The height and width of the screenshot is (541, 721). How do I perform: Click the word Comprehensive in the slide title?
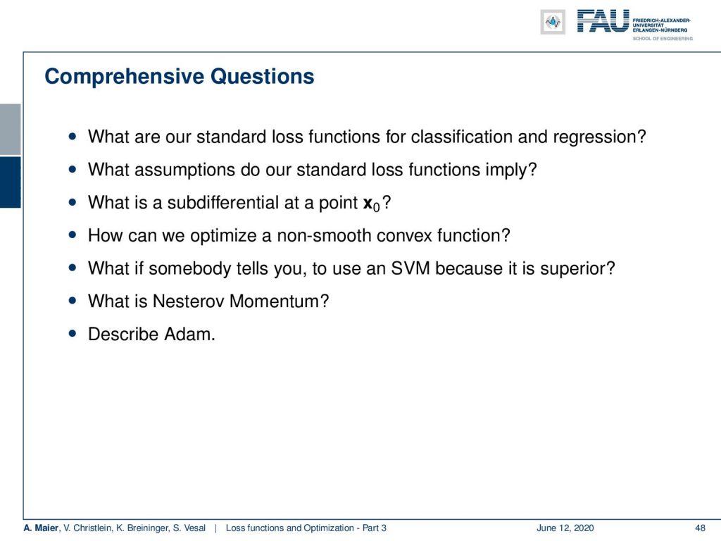[x=124, y=77]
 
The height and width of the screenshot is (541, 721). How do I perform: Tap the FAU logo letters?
[x=603, y=21]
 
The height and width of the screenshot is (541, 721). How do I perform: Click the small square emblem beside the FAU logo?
[x=553, y=22]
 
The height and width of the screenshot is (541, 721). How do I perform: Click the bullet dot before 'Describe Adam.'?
[x=73, y=333]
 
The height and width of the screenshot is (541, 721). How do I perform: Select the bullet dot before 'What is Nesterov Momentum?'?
[x=73, y=301]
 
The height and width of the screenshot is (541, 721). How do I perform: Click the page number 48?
[x=700, y=528]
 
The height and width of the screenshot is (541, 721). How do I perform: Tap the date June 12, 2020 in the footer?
[x=565, y=528]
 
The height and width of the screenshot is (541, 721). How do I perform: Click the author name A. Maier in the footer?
[x=41, y=528]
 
